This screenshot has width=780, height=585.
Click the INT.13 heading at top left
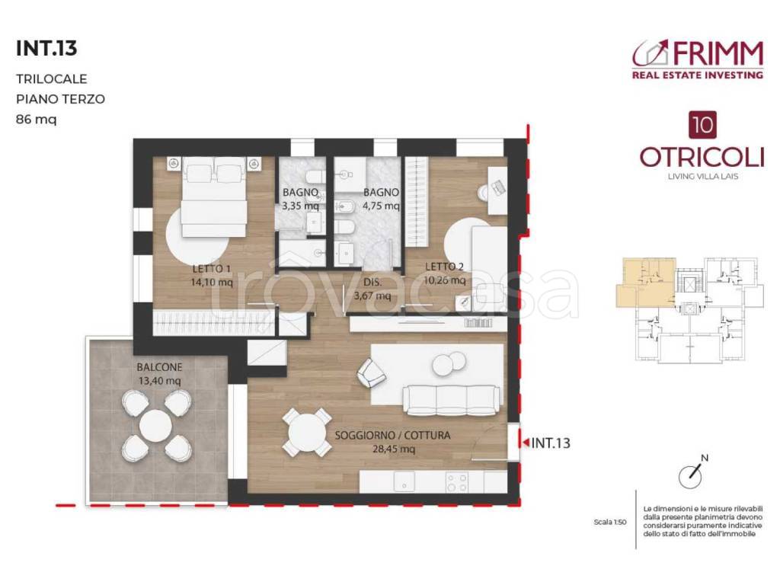[x=46, y=49]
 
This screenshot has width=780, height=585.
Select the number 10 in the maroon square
[x=701, y=123]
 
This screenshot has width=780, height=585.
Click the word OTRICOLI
[x=702, y=156]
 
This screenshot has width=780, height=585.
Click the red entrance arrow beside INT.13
[x=524, y=441]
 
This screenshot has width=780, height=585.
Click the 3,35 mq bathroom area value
[x=300, y=206]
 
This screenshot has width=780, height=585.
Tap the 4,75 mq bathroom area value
[x=381, y=206]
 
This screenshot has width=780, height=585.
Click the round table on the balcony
[x=156, y=424]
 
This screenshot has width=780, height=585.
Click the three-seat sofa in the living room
[x=452, y=398]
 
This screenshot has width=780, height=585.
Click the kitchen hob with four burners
[x=457, y=481]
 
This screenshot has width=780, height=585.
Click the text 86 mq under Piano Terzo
[x=36, y=119]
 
